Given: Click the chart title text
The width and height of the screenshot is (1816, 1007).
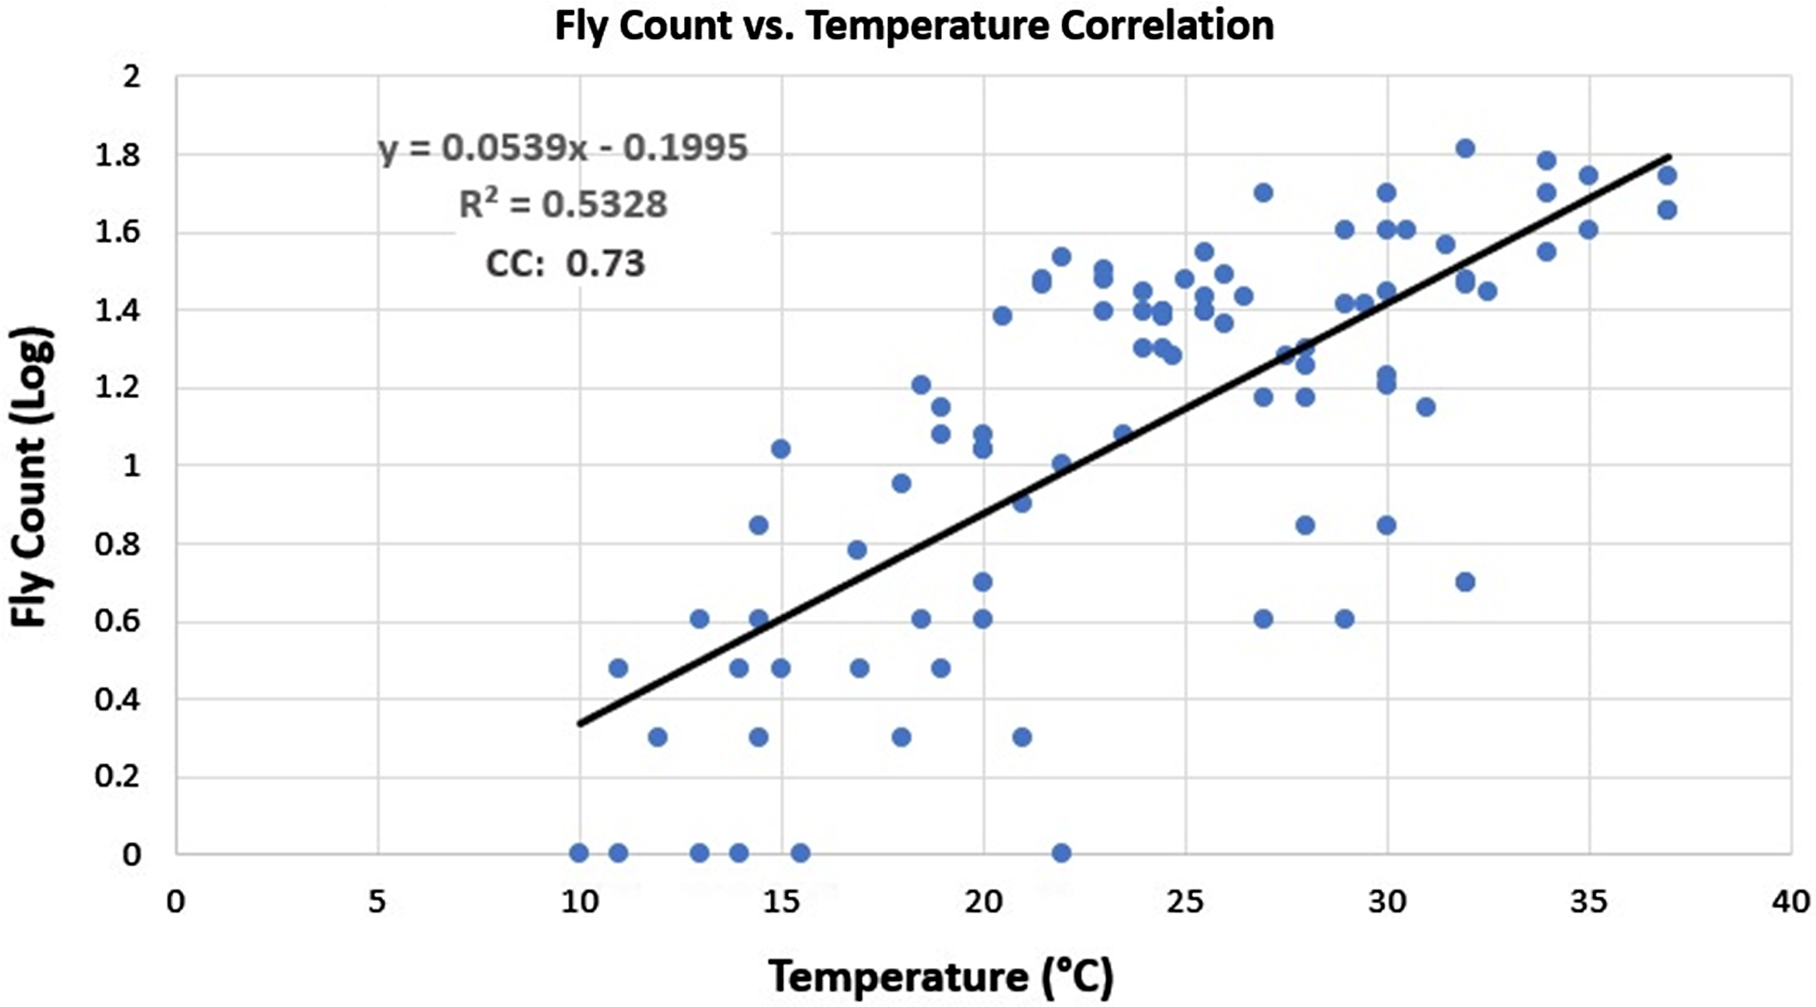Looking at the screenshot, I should click(914, 26).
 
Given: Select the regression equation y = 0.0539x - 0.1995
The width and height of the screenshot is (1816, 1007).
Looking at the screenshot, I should click(562, 149).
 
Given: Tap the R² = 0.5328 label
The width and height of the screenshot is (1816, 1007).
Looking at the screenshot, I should click(562, 205).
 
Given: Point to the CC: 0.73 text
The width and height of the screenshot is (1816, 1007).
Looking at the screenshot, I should click(565, 264).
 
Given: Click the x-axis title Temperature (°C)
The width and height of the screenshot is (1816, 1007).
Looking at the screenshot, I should click(941, 977).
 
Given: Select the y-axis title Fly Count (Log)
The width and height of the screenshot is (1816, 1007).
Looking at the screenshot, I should click(31, 477).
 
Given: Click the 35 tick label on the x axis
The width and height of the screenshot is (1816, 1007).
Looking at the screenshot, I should click(1588, 902).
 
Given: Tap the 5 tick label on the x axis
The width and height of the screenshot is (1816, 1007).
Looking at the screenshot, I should click(378, 902).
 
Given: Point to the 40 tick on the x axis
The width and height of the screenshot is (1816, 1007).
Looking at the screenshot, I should click(1791, 902).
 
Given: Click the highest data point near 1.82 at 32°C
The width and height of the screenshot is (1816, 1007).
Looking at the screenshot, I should click(1466, 148).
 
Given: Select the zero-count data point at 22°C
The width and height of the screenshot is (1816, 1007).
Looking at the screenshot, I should click(1062, 853).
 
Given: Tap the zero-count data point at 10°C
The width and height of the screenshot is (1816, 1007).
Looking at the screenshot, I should click(579, 853).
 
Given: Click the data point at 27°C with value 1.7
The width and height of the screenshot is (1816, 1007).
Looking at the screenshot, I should click(1263, 192).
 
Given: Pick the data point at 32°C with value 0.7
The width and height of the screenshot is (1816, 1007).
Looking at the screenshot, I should click(1466, 581).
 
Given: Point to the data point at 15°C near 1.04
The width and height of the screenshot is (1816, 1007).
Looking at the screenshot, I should click(780, 449).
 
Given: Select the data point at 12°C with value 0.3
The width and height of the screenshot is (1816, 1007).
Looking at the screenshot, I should click(658, 737).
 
